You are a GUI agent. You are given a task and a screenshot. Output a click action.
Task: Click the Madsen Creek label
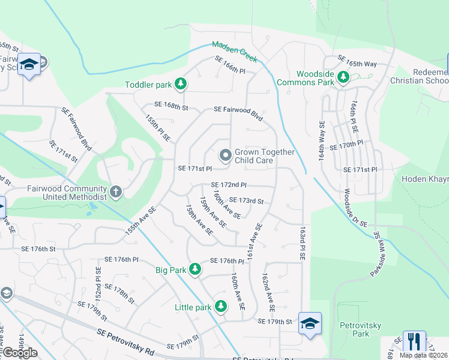pos(235,52)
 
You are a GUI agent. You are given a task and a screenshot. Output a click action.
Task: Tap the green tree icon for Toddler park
pos(179,85)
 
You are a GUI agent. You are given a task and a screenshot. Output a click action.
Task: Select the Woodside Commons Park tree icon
pos(343,77)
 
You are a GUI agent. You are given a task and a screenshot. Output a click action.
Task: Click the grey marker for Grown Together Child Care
pos(226,156)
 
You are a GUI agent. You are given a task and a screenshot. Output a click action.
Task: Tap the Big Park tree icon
pos(194,270)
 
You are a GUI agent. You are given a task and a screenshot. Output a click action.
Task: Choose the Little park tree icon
pos(221,307)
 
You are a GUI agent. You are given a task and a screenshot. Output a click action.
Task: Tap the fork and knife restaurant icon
pos(414,341)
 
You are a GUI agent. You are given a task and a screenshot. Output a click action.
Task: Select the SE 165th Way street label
pos(357,60)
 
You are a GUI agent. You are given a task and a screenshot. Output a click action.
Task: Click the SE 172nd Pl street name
pos(229,185)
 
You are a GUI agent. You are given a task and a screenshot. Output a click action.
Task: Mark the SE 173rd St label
pos(246,200)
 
